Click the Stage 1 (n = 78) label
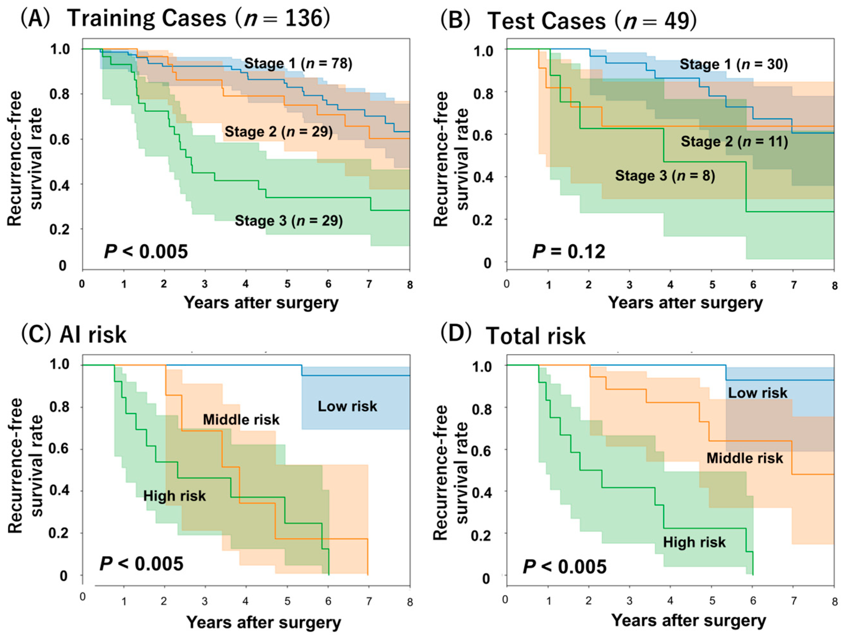pyautogui.click(x=298, y=63)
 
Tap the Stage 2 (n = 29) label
pyautogui.click(x=278, y=132)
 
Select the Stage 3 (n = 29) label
pyautogui.click(x=288, y=221)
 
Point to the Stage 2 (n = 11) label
pyautogui.click(x=734, y=142)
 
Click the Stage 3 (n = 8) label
pyautogui.click(x=665, y=175)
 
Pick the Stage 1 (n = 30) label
pyautogui.click(x=733, y=64)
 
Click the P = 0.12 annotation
pyautogui.click(x=568, y=252)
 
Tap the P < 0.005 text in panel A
pyautogui.click(x=146, y=252)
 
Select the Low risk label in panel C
pyautogui.click(x=347, y=406)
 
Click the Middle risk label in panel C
pyautogui.click(x=241, y=420)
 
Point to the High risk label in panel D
pyautogui.click(x=694, y=542)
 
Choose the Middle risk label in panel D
pyautogui.click(x=744, y=458)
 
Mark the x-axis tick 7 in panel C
pyautogui.click(x=369, y=602)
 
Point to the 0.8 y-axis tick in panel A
pyautogui.click(x=59, y=94)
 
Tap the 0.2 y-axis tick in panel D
pyautogui.click(x=482, y=535)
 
